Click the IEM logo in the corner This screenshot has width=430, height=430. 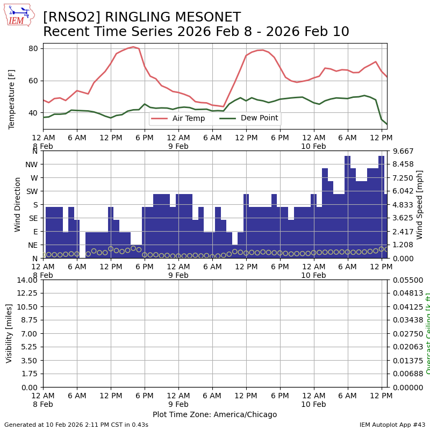click(x=19, y=15)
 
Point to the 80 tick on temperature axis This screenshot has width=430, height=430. click(x=33, y=48)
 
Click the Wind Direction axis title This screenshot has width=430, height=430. click(x=18, y=204)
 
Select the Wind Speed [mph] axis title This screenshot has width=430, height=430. click(x=420, y=204)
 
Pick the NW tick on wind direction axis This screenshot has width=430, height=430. click(x=32, y=164)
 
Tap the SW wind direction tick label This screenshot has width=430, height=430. click(x=32, y=191)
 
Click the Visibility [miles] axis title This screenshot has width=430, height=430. click(x=9, y=333)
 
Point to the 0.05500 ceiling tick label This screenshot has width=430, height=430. click(x=407, y=280)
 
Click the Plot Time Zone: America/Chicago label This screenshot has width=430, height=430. click(x=214, y=414)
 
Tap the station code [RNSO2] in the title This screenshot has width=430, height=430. click(x=69, y=18)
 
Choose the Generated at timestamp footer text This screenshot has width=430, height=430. click(x=76, y=425)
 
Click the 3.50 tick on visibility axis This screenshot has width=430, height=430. click(x=29, y=361)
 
